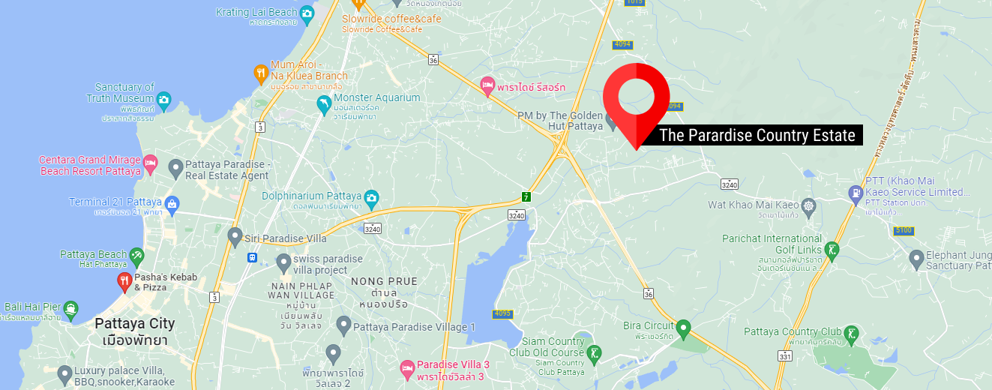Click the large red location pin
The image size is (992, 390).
(x=637, y=97)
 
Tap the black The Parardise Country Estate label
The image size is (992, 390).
(x=757, y=136)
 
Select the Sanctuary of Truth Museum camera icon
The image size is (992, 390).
(x=163, y=99)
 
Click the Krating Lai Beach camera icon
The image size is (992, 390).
(x=307, y=13)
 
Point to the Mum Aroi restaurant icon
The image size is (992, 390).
(x=260, y=73)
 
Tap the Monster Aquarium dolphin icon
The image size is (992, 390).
(x=324, y=105)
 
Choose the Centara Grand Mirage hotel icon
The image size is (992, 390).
(x=150, y=164)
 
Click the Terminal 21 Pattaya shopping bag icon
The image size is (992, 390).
(x=172, y=203)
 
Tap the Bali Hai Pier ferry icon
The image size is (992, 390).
(x=70, y=308)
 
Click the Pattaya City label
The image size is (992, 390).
(x=135, y=324)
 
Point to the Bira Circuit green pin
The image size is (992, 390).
(x=683, y=328)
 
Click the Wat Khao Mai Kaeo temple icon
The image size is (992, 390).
(x=808, y=205)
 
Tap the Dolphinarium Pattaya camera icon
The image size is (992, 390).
(x=371, y=198)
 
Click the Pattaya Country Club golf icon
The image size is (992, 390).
(x=851, y=333)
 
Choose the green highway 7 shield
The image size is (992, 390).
(x=527, y=196)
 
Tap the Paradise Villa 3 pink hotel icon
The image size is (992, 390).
(x=407, y=368)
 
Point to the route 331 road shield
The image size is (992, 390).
(x=785, y=356)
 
